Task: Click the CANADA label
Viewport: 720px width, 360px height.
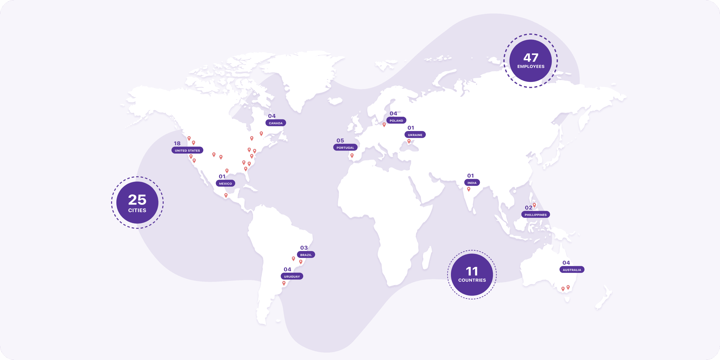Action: pos(276,123)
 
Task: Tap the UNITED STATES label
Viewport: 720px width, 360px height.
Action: pos(187,151)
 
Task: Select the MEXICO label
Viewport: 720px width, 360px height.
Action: pos(225,184)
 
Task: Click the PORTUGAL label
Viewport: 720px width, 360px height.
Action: pos(345,148)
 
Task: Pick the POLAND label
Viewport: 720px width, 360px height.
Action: pos(396,121)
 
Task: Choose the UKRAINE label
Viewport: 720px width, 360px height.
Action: pos(415,135)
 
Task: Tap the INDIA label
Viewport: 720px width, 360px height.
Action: pos(472,183)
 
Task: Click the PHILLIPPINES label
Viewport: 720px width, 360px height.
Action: pos(536,215)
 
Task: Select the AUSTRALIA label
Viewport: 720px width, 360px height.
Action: pos(572,270)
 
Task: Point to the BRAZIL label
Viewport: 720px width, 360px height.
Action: pos(306,255)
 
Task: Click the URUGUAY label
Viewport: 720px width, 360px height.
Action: pos(292,277)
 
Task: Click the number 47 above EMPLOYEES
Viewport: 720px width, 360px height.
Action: pos(531,58)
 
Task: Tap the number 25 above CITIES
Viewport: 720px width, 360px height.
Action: pos(137,200)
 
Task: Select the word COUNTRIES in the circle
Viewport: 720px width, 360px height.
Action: pos(472,280)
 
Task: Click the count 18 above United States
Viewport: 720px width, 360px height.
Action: pos(177,143)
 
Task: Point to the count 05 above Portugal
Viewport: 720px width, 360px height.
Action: pos(340,141)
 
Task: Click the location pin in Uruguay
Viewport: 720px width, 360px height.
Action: pos(284,283)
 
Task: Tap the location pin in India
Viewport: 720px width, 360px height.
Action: pos(469,189)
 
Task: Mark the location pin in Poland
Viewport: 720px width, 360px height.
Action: pos(384,124)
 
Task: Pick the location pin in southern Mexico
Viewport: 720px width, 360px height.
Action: pos(226,195)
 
